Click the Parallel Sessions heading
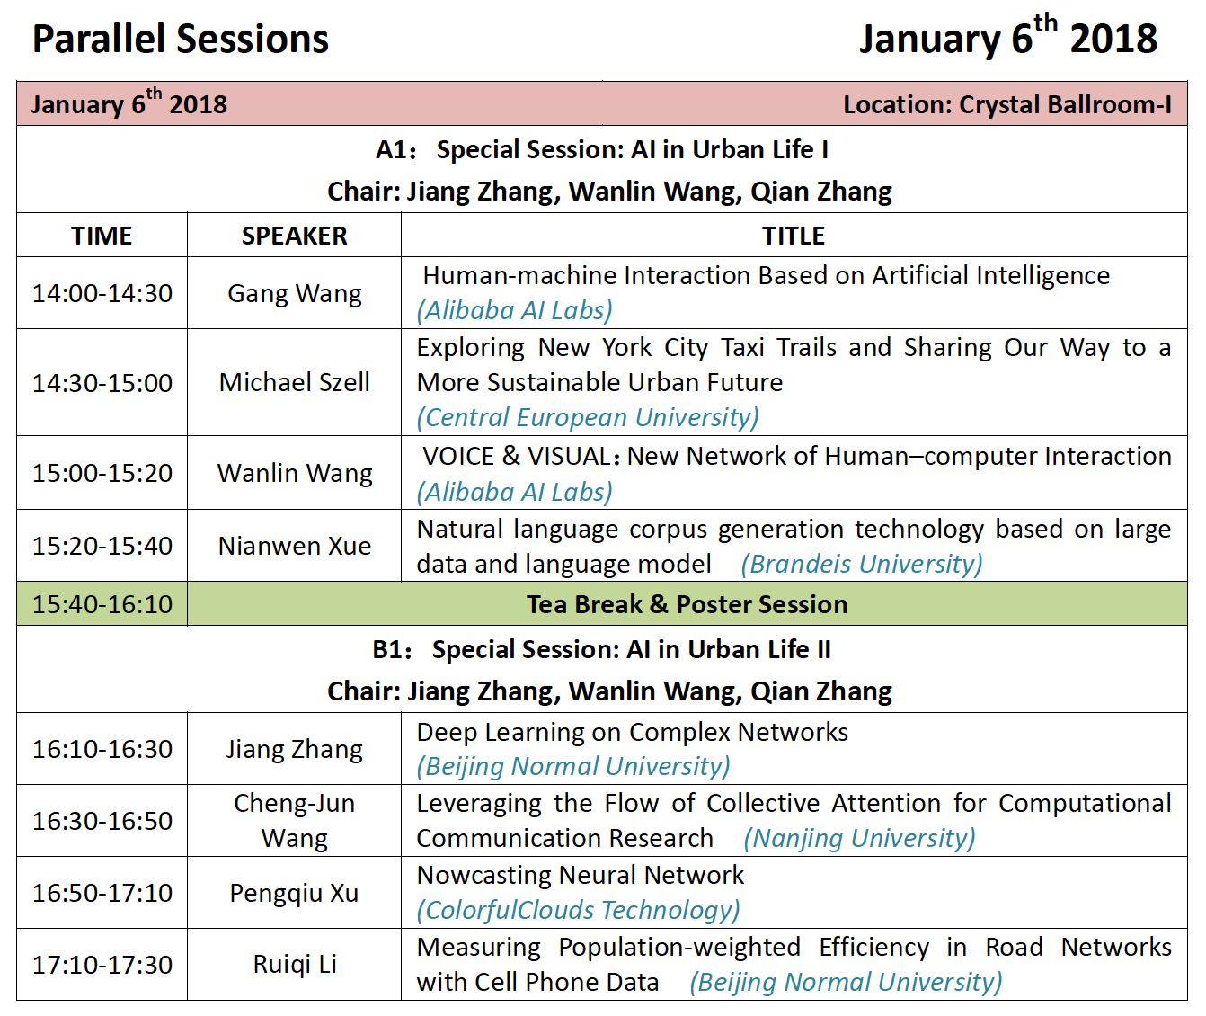(181, 40)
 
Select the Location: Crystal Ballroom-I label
(1007, 104)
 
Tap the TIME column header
(102, 236)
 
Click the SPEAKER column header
(294, 236)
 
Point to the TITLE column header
(793, 236)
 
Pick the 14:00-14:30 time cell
(102, 294)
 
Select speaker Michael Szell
(295, 383)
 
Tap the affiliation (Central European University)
(588, 418)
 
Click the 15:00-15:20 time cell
(102, 473)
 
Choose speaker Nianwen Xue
(295, 546)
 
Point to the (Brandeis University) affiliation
(862, 564)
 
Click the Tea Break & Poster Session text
(687, 604)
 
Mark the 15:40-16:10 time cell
(102, 604)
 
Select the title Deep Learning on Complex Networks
(633, 733)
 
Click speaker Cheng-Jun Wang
(295, 821)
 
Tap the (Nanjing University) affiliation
(859, 839)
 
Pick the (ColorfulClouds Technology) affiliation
(578, 910)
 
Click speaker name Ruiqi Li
(295, 965)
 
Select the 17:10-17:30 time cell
(102, 965)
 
